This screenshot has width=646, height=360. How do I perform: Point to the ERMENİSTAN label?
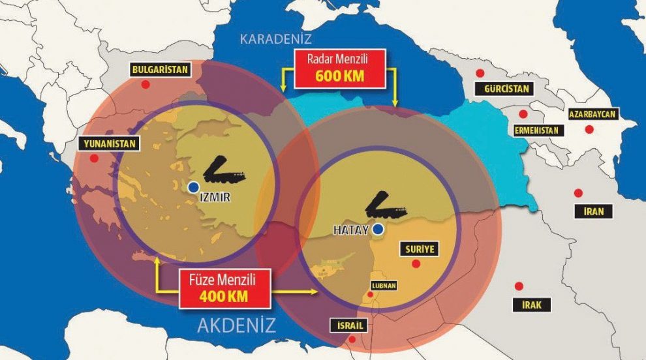click(x=536, y=130)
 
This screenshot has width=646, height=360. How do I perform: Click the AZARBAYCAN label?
click(x=592, y=115)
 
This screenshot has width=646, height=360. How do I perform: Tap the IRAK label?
click(x=532, y=304)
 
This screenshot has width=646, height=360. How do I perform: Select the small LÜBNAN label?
click(x=384, y=285)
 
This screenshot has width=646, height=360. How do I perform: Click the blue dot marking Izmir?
click(x=192, y=187)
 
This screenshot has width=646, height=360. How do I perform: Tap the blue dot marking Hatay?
click(x=378, y=229)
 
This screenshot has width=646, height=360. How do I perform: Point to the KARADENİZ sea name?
click(x=276, y=38)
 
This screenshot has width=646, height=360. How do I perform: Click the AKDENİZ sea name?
click(x=236, y=325)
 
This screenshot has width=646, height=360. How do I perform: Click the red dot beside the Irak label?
click(x=519, y=286)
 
